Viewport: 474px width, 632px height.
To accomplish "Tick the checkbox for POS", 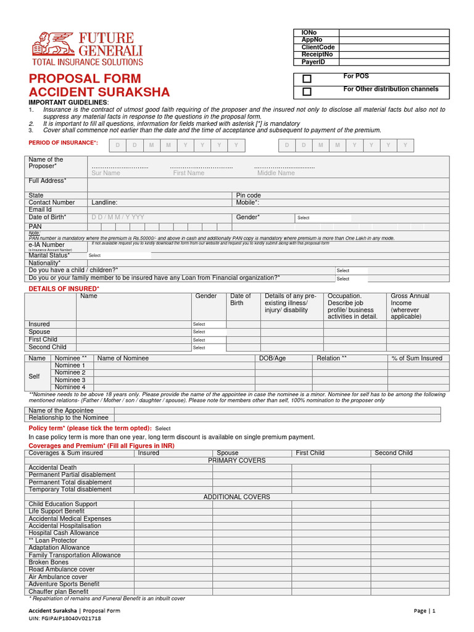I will coord(307,79).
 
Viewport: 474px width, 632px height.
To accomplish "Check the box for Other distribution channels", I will coord(307,92).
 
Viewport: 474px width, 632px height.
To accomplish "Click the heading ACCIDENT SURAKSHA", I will coord(99,93).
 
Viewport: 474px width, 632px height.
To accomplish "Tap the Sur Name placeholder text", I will coord(106,173).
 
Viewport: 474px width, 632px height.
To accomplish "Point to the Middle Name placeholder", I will coord(276,173).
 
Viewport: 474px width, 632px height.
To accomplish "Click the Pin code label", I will coord(249,196).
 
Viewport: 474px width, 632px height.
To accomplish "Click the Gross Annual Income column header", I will coord(410,306).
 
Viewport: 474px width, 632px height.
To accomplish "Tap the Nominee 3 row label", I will coord(70,380).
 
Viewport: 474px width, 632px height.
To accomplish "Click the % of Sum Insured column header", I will coord(417,359).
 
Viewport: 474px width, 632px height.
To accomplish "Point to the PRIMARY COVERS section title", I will coord(236,460).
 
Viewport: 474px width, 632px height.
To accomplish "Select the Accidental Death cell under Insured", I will coord(173,468).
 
